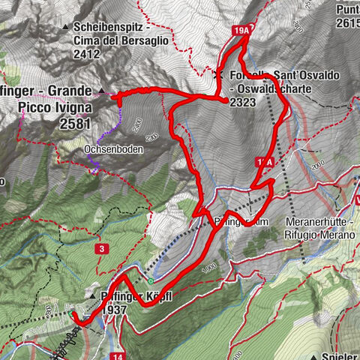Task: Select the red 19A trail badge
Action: coord(240,30)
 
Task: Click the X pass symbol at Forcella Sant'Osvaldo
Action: coord(218,75)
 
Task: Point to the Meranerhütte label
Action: coord(319,223)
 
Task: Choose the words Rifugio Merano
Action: coord(319,234)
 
